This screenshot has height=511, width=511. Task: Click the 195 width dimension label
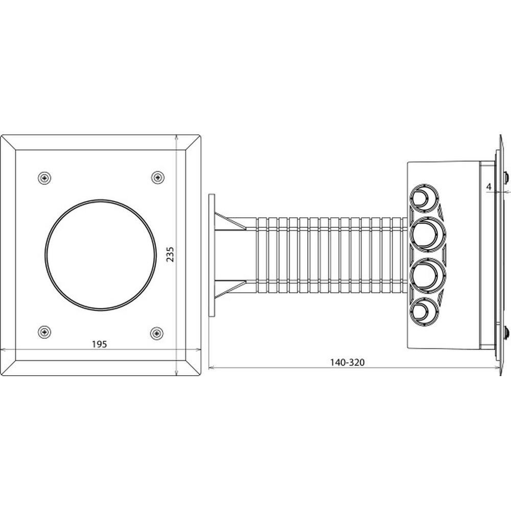click(99, 344)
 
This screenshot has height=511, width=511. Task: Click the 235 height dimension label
click(171, 254)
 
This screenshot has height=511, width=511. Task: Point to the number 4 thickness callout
click(489, 187)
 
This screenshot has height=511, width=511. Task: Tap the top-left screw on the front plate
click(45, 177)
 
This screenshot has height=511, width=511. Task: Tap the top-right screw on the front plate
click(157, 177)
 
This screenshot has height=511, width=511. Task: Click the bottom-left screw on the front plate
click(45, 333)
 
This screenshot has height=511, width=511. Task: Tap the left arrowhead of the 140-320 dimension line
click(211, 367)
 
